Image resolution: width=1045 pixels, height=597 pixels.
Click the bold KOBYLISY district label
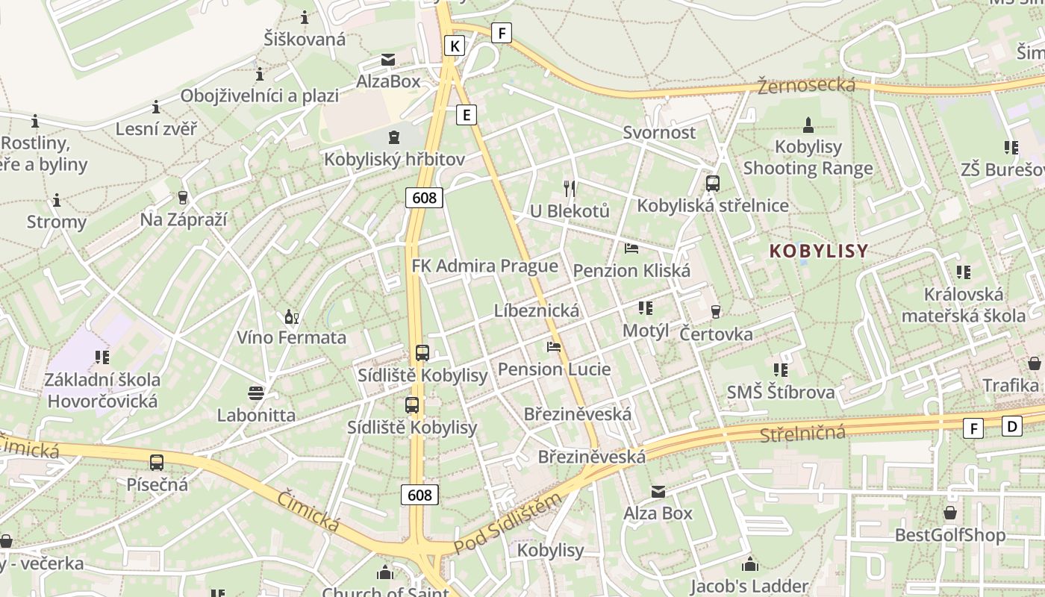(x=819, y=251)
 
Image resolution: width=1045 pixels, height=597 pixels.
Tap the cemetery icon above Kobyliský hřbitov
(x=393, y=137)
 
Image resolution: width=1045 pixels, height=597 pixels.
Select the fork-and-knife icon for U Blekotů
(x=570, y=189)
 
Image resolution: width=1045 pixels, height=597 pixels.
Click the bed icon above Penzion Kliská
(x=631, y=249)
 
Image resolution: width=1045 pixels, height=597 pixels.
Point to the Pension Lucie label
(x=554, y=369)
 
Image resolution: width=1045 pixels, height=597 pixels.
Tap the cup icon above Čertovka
(x=716, y=311)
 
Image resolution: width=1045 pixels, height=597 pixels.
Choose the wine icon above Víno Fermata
(x=291, y=316)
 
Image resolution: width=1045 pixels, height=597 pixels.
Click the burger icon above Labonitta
(x=256, y=393)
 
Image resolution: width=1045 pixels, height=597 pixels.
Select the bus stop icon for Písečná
(x=157, y=463)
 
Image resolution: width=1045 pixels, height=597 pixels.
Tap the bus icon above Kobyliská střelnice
(x=713, y=184)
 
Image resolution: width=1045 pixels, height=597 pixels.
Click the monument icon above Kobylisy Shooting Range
(x=808, y=125)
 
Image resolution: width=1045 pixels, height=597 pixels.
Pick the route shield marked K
(x=454, y=46)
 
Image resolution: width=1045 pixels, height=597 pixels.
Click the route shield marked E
(x=467, y=114)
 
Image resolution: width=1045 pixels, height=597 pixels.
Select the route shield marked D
(x=1012, y=426)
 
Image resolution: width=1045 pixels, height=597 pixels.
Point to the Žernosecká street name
(x=806, y=85)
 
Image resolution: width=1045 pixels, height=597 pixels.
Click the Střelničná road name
(x=803, y=433)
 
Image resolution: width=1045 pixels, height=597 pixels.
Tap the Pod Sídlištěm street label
(x=507, y=525)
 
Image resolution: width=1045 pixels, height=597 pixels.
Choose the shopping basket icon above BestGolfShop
(x=950, y=513)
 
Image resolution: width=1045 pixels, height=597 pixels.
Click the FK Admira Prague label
(x=484, y=266)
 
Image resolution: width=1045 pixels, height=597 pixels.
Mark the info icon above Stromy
(x=57, y=200)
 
